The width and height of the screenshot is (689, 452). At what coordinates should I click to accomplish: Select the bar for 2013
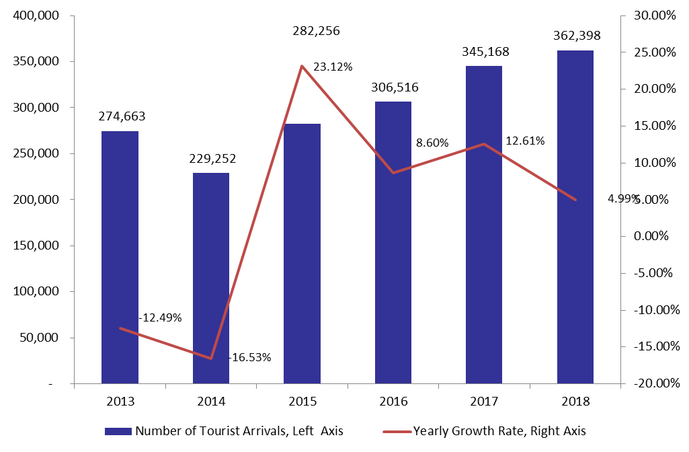click(120, 257)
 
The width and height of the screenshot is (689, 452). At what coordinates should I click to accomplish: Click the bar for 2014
click(211, 278)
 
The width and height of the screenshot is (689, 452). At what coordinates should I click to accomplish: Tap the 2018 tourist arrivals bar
click(575, 217)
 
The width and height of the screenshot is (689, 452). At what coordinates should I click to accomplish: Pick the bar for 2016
click(393, 243)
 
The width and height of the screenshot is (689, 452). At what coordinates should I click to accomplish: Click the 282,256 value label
click(317, 31)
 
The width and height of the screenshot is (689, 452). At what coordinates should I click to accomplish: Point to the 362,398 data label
click(577, 35)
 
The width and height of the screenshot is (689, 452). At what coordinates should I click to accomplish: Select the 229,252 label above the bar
click(212, 158)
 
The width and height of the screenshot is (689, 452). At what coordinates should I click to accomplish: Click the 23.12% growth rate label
click(333, 67)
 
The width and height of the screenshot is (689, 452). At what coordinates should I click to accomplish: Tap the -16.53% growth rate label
click(249, 357)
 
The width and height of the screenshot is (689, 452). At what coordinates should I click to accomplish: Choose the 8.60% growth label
click(432, 143)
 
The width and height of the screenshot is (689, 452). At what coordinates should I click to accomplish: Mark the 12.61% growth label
click(525, 141)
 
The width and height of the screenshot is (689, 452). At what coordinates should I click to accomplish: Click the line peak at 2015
click(302, 66)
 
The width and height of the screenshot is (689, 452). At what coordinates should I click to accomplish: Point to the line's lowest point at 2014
click(211, 359)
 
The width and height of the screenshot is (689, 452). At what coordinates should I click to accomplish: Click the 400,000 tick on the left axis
click(36, 15)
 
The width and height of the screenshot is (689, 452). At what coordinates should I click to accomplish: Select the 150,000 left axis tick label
click(36, 246)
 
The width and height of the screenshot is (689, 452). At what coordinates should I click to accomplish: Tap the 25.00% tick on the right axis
click(655, 52)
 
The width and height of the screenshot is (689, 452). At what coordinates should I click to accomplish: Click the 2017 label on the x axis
click(484, 401)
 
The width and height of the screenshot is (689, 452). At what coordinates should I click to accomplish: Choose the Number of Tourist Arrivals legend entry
click(224, 431)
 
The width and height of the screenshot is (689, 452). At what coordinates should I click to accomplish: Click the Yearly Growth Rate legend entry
click(484, 431)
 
